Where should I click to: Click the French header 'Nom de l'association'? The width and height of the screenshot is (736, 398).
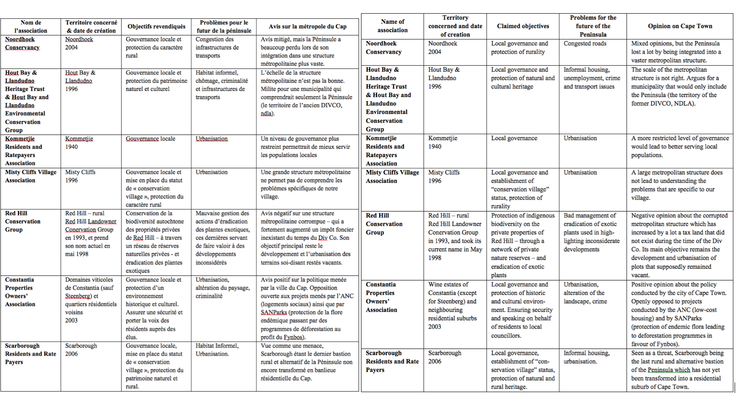pyautogui.click(x=30, y=27)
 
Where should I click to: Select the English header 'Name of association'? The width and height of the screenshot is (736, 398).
pyautogui.click(x=392, y=26)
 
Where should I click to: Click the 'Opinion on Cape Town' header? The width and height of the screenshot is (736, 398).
pyautogui.click(x=679, y=26)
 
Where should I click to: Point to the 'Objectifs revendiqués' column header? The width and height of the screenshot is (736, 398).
pyautogui.click(x=156, y=27)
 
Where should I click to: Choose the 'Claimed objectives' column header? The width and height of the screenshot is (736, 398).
pyautogui.click(x=523, y=26)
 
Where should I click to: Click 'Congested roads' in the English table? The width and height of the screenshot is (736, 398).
pyautogui.click(x=585, y=44)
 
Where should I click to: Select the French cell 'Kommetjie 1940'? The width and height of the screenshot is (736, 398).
pyautogui.click(x=79, y=142)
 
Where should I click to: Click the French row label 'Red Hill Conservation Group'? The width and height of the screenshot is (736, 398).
pyautogui.click(x=23, y=221)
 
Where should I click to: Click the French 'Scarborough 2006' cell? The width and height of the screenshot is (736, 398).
pyautogui.click(x=81, y=350)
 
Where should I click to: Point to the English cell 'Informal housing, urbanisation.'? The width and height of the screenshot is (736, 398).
pyautogui.click(x=586, y=357)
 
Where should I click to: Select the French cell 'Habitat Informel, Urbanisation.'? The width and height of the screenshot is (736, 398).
pyautogui.click(x=216, y=350)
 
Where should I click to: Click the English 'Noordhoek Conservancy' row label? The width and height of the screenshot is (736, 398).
pyautogui.click(x=384, y=48)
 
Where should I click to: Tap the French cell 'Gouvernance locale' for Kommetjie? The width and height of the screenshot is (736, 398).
pyautogui.click(x=150, y=139)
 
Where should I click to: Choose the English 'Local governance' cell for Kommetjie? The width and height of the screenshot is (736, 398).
pyautogui.click(x=514, y=138)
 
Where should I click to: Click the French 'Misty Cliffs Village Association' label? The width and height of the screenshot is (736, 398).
pyautogui.click(x=30, y=176)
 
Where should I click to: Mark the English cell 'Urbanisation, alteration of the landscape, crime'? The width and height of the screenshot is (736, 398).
pyautogui.click(x=585, y=293)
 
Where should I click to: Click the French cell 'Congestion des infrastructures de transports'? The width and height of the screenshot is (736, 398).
pyautogui.click(x=217, y=47)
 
